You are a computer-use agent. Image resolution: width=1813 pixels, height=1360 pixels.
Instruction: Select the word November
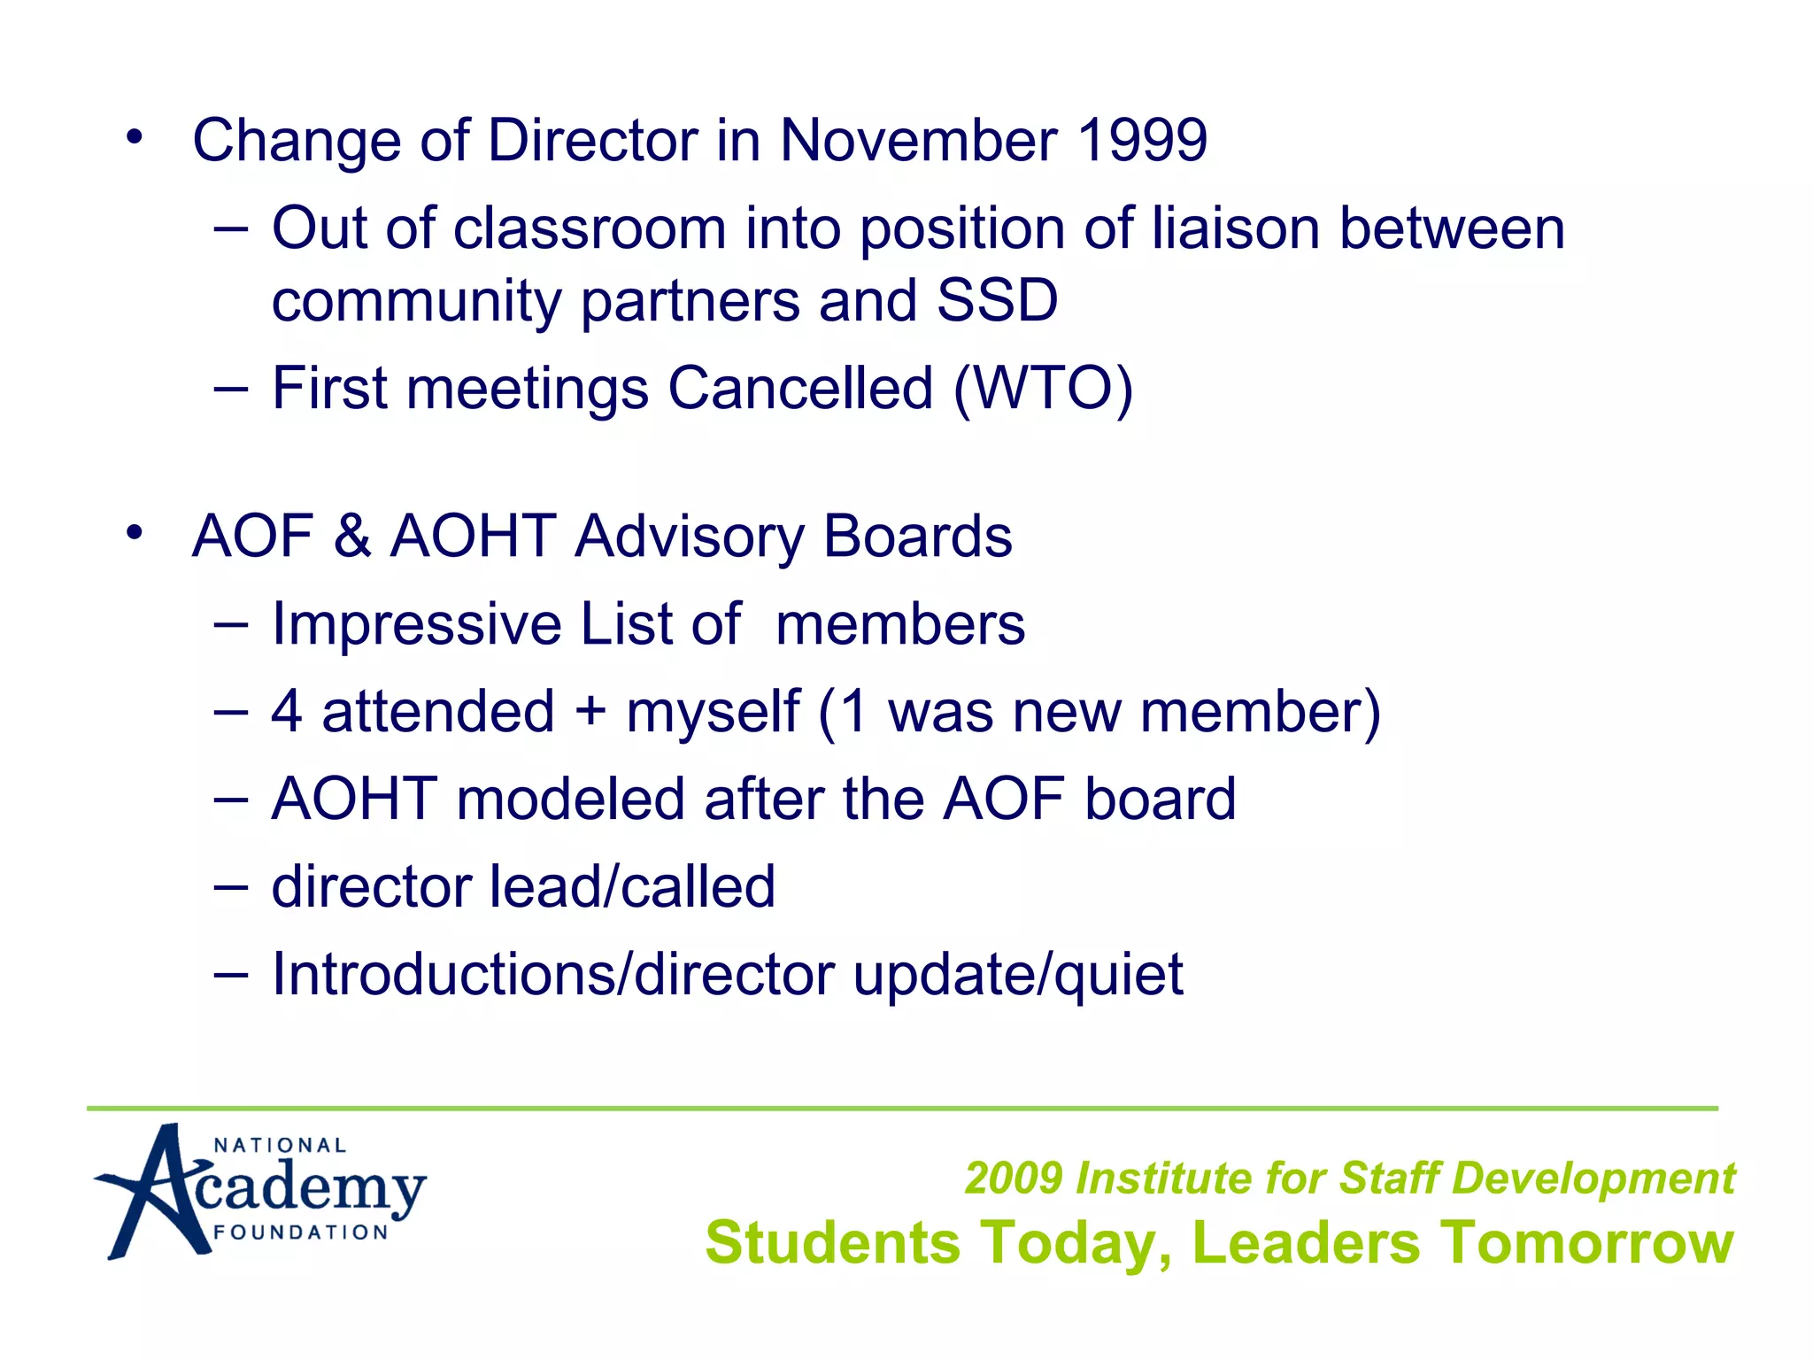point(918,141)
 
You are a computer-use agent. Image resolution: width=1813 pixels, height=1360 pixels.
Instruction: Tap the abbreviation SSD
point(997,300)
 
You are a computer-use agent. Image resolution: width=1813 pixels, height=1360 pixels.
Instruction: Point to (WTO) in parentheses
point(1043,389)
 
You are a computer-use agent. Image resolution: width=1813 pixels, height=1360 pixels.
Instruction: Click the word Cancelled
point(800,389)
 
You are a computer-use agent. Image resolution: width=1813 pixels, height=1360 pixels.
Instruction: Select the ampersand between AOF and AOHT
point(352,537)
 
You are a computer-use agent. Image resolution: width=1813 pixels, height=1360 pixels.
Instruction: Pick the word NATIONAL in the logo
point(280,1146)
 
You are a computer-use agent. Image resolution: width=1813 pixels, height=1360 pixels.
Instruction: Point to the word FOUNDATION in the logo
point(301,1232)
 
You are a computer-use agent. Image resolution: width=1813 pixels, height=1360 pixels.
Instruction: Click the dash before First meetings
point(231,389)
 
